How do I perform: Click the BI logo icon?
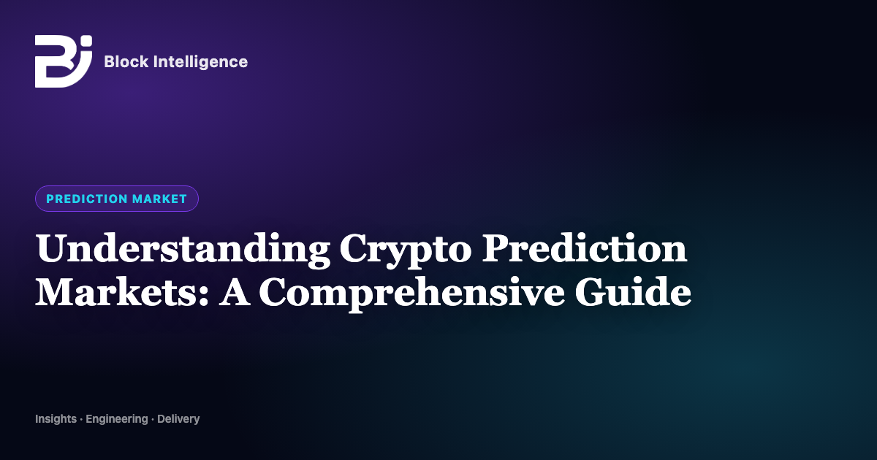(x=64, y=61)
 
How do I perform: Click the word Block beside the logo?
(x=126, y=62)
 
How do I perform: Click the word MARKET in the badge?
(x=160, y=199)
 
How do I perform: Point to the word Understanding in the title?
(x=183, y=250)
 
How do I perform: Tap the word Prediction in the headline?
(x=584, y=248)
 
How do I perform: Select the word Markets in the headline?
(x=116, y=292)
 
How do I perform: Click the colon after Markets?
(x=204, y=296)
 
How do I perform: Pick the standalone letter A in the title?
(x=235, y=292)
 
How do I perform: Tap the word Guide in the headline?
(x=633, y=292)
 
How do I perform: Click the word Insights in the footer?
(x=56, y=419)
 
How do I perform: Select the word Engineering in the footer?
(x=117, y=419)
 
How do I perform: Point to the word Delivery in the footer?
(x=178, y=419)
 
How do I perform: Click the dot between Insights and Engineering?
(x=81, y=420)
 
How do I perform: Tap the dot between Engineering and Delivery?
(x=152, y=420)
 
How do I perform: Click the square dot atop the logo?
(x=87, y=41)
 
